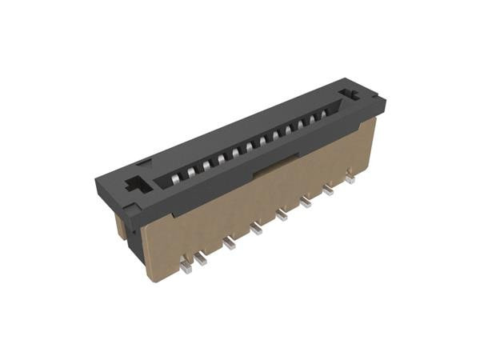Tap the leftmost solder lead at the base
coord(186,267)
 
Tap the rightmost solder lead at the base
coord(350,180)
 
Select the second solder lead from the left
coord(202,258)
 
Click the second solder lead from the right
coord(328,191)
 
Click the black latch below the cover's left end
coord(129,210)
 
